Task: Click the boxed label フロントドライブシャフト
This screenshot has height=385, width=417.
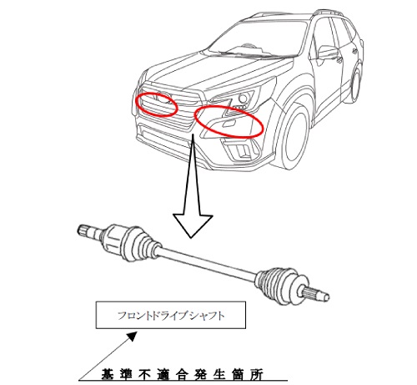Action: coord(171,316)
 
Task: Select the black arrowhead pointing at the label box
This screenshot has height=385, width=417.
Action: coord(132,337)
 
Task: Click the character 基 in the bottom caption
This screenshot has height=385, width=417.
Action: coord(108,374)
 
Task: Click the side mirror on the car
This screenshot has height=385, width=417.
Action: coord(329,53)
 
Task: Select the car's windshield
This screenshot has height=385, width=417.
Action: coord(257,38)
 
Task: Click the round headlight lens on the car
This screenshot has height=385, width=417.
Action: coord(244,98)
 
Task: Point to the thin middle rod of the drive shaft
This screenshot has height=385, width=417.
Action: coord(208,262)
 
